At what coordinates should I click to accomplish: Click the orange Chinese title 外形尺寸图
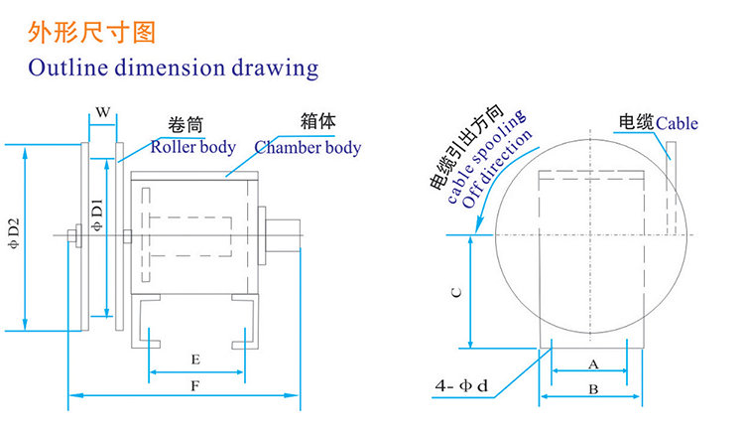91,33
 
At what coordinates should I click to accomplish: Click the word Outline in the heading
68,67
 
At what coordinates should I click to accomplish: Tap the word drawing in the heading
275,69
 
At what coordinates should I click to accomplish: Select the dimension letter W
103,112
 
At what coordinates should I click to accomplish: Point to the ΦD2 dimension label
14,233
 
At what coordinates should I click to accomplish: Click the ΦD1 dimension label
97,216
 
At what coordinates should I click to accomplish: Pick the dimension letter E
195,360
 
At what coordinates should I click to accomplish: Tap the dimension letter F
195,386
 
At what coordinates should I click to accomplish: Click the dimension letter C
456,292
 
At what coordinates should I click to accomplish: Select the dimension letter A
593,364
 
